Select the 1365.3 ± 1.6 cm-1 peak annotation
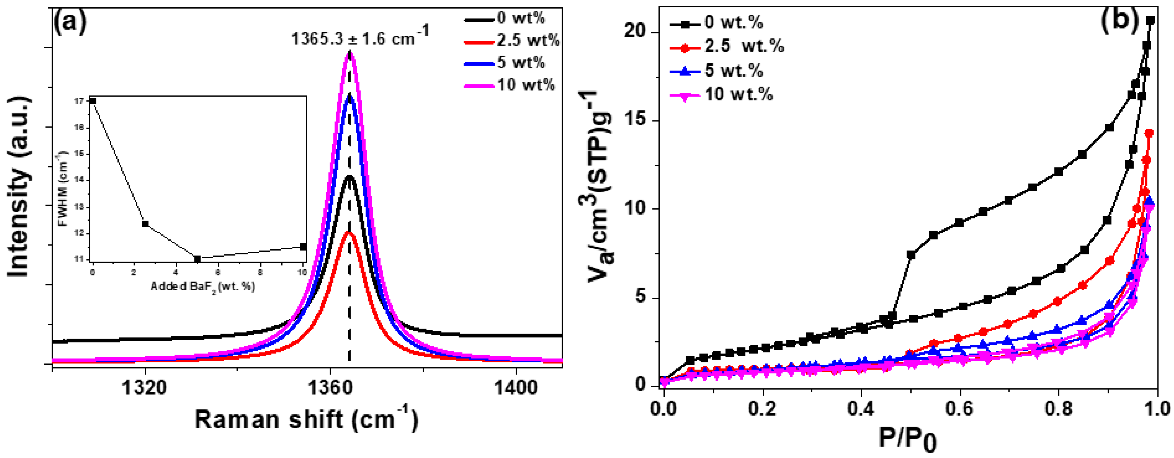[360, 37]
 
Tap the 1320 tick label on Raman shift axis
[145, 388]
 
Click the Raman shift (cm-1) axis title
[306, 419]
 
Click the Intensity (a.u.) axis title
[19, 187]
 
